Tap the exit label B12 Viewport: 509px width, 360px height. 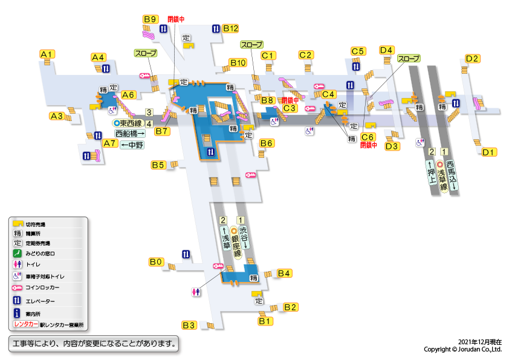point(231,28)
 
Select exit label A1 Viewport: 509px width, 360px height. point(47,54)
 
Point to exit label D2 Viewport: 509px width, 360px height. point(472,59)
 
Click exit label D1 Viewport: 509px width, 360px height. point(489,152)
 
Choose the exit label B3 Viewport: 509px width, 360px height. point(190,325)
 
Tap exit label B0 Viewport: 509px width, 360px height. point(156,262)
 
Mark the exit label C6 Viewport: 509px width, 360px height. point(368,137)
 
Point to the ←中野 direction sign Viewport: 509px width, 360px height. point(132,145)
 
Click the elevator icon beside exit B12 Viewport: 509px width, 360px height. point(216,29)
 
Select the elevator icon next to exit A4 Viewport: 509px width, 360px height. point(105,68)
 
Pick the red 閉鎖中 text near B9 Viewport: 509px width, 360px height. point(176,19)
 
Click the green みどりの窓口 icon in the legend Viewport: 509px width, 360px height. point(18,253)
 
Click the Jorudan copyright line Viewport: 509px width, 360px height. point(462,349)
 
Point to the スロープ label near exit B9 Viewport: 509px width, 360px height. point(146,53)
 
